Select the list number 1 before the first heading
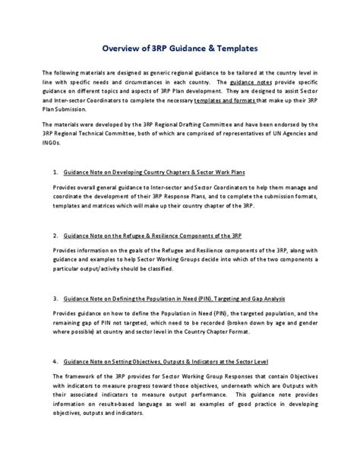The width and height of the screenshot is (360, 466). [55, 194]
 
